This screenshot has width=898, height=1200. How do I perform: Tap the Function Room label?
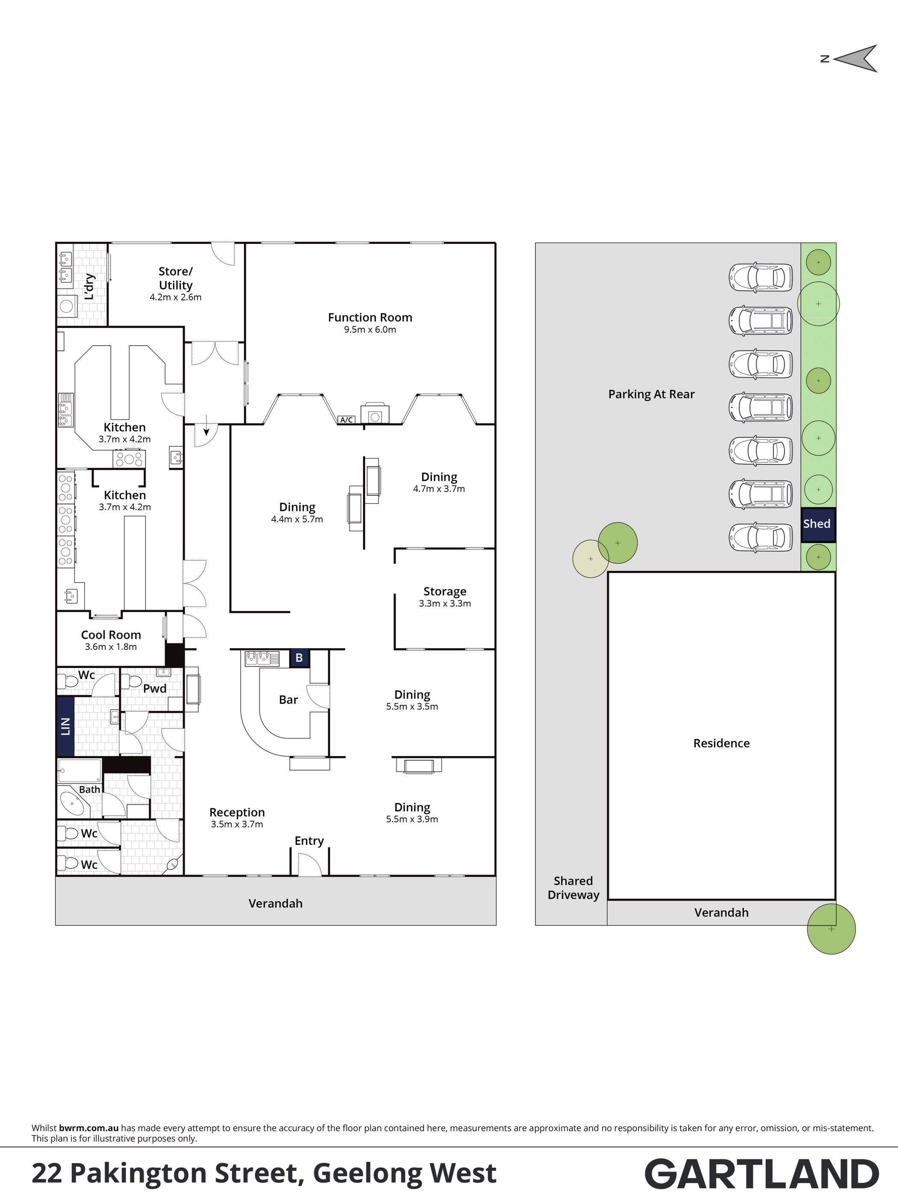tap(370, 317)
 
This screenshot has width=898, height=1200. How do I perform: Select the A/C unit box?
tap(346, 420)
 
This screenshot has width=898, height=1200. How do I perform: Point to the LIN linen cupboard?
tap(65, 726)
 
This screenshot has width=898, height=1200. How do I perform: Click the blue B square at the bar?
tap(299, 658)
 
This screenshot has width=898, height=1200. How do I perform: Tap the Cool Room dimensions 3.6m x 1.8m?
tap(111, 647)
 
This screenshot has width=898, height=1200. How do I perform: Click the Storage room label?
tap(445, 591)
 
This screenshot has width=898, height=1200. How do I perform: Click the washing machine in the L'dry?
tap(67, 306)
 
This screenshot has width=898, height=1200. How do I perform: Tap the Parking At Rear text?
tap(651, 394)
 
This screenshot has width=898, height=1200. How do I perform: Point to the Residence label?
tap(721, 743)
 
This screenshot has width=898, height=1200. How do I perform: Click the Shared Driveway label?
tap(573, 888)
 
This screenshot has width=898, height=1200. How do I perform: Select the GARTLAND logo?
tap(761, 1174)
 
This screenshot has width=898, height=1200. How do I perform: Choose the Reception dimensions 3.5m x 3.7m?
tap(237, 824)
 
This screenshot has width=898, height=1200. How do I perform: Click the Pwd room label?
tap(154, 688)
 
